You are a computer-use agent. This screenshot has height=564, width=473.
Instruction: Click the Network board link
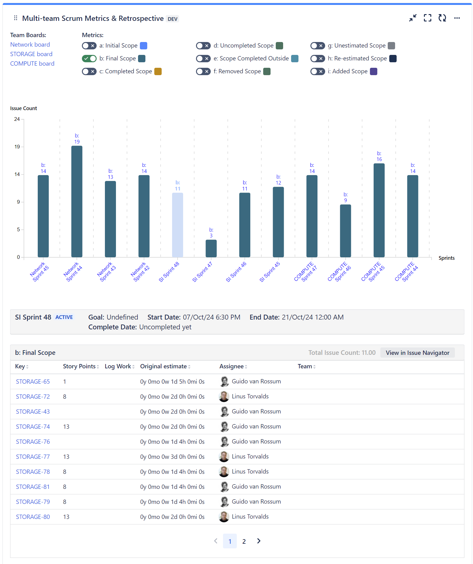30,44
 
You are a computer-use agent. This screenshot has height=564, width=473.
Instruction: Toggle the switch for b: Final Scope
89,59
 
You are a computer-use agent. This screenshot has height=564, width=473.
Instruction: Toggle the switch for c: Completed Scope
89,71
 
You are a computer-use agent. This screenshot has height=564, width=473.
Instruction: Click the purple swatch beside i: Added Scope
374,71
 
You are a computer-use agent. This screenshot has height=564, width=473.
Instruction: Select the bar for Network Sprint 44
77,201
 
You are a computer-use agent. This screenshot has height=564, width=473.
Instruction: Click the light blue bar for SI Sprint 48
177,225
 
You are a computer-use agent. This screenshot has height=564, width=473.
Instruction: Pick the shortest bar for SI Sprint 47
211,248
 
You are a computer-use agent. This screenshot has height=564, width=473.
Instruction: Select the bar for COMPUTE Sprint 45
379,210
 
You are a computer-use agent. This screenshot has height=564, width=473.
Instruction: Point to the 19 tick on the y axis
17,147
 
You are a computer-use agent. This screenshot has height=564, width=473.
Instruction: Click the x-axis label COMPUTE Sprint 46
339,272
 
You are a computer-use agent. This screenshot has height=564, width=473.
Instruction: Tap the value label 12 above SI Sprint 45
278,183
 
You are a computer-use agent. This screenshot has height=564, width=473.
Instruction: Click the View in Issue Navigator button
417,353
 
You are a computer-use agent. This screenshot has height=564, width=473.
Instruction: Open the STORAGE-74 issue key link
33,427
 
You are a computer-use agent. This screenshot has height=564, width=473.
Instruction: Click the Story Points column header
79,366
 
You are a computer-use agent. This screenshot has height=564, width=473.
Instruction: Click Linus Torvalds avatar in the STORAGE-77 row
224,457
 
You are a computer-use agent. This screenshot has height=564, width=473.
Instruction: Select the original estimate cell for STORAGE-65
172,382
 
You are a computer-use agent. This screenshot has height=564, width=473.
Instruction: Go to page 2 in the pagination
244,541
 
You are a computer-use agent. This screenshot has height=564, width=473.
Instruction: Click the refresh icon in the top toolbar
442,18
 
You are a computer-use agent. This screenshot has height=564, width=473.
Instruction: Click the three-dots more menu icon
457,18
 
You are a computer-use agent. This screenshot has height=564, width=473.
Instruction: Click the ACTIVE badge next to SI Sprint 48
64,317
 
